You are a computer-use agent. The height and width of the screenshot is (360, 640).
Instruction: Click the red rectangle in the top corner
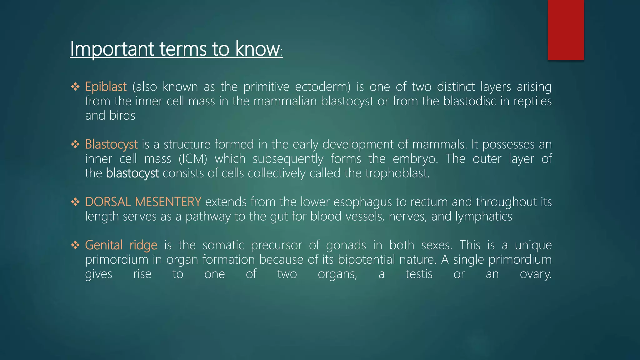click(x=566, y=30)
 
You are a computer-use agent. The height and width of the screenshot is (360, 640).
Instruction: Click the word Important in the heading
click(x=112, y=49)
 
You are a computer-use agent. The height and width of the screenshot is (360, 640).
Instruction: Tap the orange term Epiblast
click(x=106, y=87)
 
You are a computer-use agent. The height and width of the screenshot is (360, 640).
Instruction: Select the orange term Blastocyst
click(x=111, y=145)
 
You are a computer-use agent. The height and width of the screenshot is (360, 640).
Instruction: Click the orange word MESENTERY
click(x=168, y=202)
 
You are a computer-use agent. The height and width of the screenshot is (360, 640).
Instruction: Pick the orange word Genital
click(x=104, y=245)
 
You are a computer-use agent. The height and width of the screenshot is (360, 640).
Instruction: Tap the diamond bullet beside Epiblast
click(x=75, y=87)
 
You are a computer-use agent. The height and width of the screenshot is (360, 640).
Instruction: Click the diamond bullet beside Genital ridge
click(x=75, y=245)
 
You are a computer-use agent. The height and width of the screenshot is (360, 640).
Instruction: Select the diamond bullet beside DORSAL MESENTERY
click(x=75, y=202)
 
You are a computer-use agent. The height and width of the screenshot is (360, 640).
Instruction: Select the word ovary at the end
click(x=535, y=274)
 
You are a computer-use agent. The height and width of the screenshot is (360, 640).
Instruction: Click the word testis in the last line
click(x=419, y=274)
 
